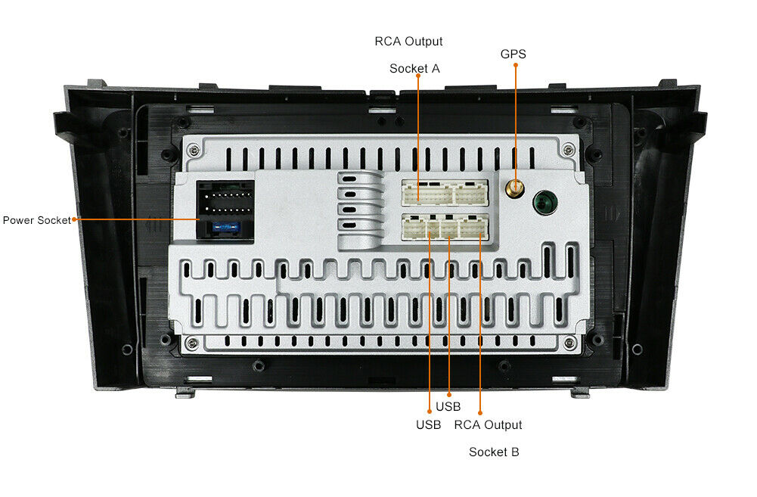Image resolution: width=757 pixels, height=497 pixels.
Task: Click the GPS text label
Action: (x=513, y=54)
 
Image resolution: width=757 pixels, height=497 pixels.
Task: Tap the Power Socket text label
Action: (x=37, y=220)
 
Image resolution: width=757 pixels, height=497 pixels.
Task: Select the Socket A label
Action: (x=414, y=69)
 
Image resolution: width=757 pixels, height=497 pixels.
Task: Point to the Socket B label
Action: (x=494, y=452)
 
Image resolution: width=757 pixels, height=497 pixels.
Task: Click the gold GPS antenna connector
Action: (x=515, y=187)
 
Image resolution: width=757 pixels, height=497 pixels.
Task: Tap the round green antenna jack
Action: (x=545, y=203)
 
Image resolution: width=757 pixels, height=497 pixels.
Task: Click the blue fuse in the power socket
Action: (x=225, y=226)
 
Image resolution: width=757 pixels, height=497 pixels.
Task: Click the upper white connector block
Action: (x=445, y=193)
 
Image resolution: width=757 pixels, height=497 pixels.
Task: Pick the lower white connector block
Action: (x=445, y=227)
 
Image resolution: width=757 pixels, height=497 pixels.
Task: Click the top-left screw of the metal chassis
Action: (x=194, y=150)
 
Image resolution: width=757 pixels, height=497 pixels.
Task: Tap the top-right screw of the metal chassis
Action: (x=569, y=149)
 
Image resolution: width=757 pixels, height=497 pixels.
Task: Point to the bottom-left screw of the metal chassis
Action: (x=191, y=343)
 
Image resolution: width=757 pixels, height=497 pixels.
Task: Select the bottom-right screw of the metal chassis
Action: (x=569, y=343)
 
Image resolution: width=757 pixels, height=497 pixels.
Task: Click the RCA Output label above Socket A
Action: (x=408, y=42)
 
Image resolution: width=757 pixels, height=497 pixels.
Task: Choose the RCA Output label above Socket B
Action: (x=488, y=425)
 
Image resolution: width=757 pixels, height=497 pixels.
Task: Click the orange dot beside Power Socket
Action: (x=74, y=220)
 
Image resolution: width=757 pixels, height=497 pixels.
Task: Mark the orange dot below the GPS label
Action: (x=516, y=65)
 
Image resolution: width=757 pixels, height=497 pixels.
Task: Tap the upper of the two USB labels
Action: (x=448, y=407)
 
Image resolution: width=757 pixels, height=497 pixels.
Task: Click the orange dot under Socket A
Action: (x=418, y=76)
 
